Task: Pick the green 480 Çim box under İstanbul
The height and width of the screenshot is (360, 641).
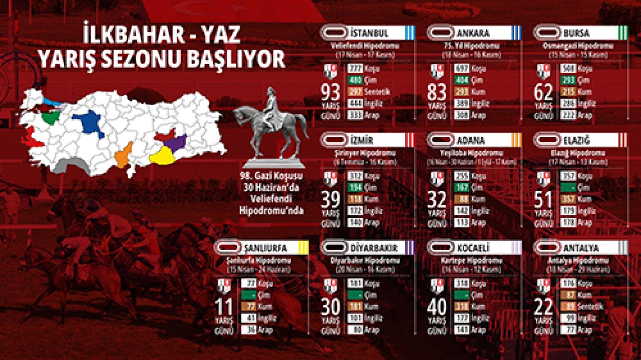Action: point(355,80)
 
